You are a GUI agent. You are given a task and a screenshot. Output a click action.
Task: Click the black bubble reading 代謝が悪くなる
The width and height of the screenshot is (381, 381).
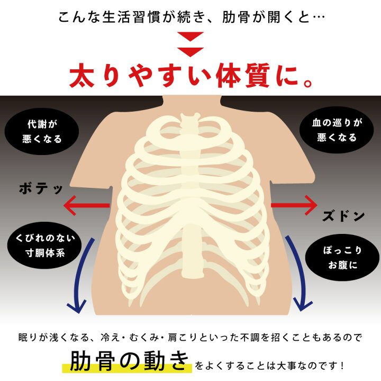tap(42, 131)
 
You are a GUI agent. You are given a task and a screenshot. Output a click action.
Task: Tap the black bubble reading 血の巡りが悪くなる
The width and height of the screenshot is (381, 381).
tap(337, 130)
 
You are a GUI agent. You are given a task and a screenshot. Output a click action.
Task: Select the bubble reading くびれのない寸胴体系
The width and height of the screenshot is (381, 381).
tap(44, 246)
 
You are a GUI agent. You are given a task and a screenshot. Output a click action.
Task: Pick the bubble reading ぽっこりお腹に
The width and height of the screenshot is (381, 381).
tap(342, 258)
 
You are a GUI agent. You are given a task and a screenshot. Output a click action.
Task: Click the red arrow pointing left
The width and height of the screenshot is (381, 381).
tap(86, 205)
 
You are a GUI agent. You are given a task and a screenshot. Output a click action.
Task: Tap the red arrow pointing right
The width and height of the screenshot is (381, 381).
tap(294, 205)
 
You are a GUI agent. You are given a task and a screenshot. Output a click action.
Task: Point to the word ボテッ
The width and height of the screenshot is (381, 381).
tap(41, 189)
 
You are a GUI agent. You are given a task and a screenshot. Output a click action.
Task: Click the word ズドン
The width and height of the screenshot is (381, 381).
tap(343, 216)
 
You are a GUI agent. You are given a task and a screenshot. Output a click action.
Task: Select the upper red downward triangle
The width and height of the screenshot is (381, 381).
tap(190, 37)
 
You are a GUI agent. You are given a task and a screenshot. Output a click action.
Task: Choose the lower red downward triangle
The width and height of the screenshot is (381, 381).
tap(190, 52)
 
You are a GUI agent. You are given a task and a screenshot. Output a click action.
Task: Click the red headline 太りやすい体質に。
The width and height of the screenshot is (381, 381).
tap(190, 75)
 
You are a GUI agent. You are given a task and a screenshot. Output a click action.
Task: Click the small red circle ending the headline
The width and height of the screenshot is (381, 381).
tap(308, 84)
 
